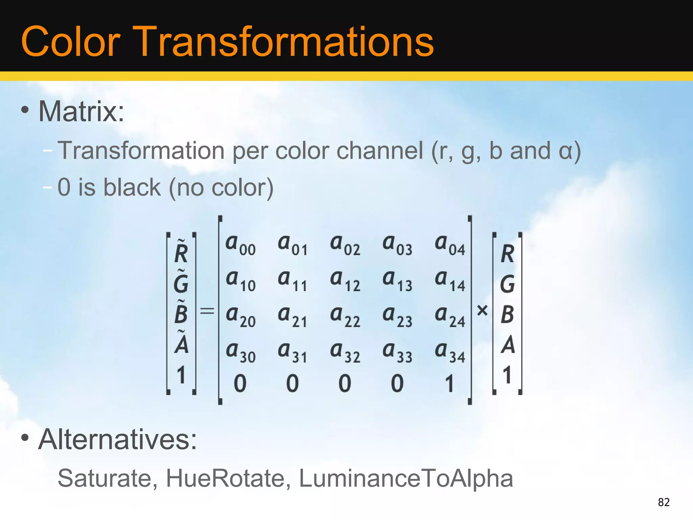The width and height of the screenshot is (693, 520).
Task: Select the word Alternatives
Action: click(117, 439)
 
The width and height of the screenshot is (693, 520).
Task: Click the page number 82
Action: click(664, 502)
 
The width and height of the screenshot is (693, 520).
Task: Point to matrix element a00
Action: click(240, 245)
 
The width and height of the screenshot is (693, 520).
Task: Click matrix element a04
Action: click(450, 245)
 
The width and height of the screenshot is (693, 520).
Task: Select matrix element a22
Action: click(345, 316)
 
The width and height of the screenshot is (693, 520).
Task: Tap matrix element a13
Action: click(397, 281)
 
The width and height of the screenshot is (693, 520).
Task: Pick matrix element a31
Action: click(293, 352)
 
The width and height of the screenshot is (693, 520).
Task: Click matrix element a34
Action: click(450, 352)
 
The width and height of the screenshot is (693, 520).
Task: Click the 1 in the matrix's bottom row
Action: click(449, 384)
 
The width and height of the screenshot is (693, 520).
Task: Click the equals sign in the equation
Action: click(207, 310)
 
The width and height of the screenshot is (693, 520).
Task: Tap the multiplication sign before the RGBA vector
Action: click(482, 310)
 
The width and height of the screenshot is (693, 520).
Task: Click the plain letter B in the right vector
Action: click(507, 315)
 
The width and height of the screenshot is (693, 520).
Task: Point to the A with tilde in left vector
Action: click(181, 343)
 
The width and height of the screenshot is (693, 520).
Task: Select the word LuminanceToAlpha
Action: click(406, 478)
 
